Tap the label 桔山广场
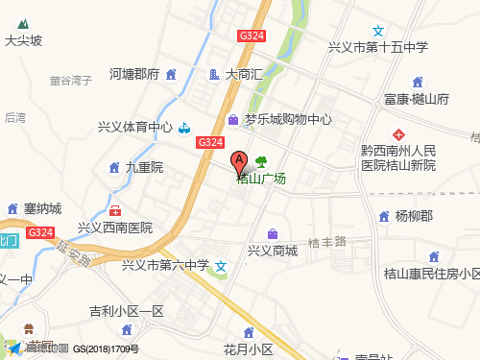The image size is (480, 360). tap(261, 178)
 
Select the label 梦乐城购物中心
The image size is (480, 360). tap(287, 120)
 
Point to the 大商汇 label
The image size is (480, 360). tap(243, 73)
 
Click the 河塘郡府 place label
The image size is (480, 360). tap(133, 73)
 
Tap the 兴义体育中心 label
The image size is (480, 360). tap(135, 127)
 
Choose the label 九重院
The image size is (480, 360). tap(145, 167)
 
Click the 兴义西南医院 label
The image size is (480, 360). tap(115, 228)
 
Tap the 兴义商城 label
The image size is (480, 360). tap(273, 251)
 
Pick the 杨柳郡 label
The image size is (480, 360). tap(415, 216)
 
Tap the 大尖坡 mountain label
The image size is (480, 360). tap(24, 41)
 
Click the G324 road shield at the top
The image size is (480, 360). tap(252, 36)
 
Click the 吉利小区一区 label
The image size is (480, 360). tap(127, 311)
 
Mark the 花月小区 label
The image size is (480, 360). tap(249, 348)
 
